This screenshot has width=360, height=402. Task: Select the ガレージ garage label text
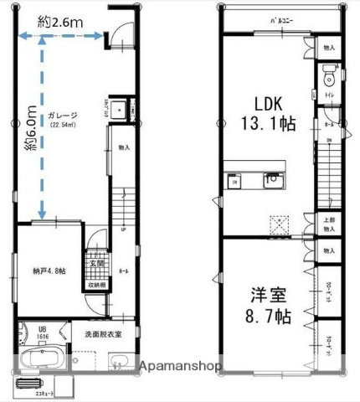64,116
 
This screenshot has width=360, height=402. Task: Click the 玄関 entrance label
96,264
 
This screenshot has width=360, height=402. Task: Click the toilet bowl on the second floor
329,80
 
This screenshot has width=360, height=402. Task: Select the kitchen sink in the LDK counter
271,179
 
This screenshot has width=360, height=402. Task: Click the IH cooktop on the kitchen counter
235,181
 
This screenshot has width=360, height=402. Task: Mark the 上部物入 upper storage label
329,224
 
